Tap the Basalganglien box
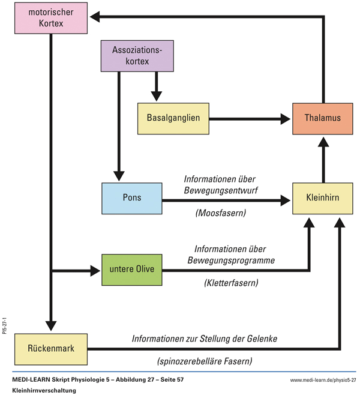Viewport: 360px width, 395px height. click(x=173, y=118)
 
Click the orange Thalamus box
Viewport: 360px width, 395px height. click(x=322, y=118)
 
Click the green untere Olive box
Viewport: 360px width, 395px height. click(x=132, y=269)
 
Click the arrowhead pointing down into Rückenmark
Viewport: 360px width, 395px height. click(x=51, y=327)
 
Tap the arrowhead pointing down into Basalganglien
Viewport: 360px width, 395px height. click(x=156, y=95)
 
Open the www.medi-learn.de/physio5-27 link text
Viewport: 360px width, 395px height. click(x=322, y=380)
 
